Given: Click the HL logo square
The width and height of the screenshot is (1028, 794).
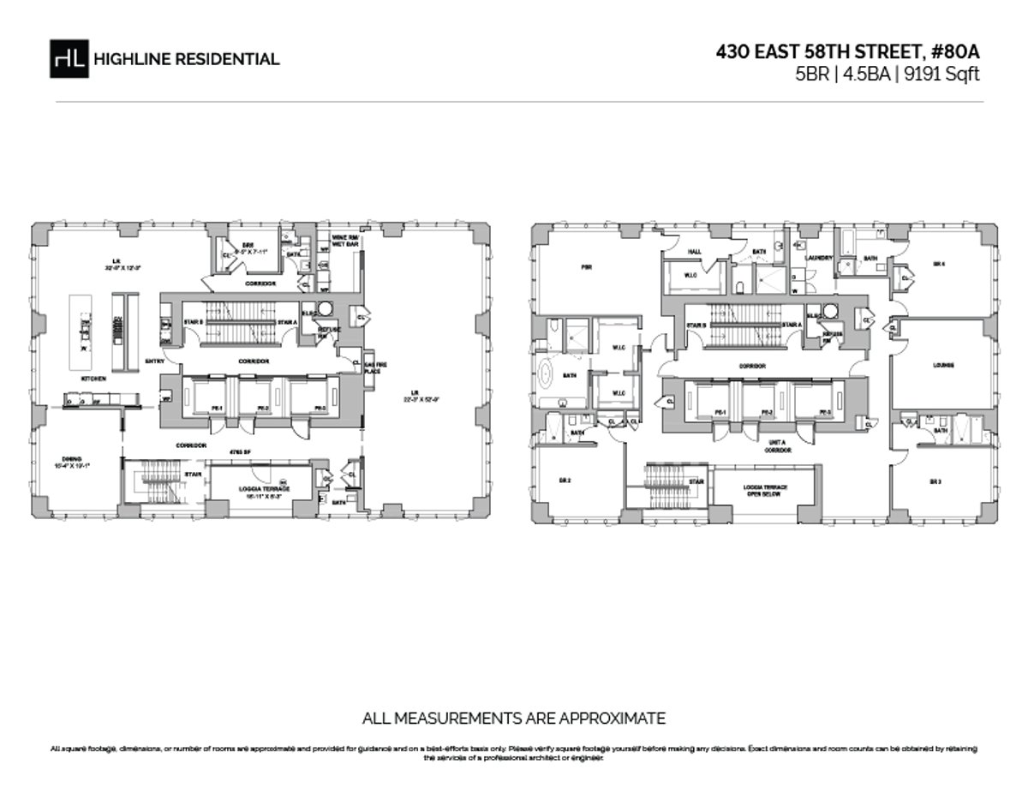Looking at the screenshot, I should point(69,58).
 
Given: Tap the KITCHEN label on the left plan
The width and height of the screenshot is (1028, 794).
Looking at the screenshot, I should point(93,378).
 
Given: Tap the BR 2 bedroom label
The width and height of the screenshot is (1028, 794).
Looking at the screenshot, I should point(565,481).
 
